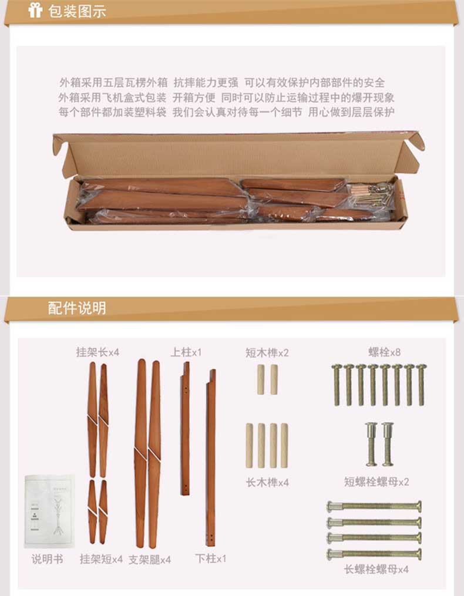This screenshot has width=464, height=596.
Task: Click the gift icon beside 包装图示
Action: pyautogui.click(x=35, y=10)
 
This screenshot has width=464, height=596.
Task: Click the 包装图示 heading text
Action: pyautogui.click(x=77, y=11)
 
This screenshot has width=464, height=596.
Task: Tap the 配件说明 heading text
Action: pyautogui.click(x=77, y=308)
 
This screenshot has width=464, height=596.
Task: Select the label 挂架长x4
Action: pyautogui.click(x=97, y=352)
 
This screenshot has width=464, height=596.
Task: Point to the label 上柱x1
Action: pyautogui.click(x=186, y=352)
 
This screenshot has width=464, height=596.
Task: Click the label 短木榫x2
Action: pyautogui.click(x=267, y=353)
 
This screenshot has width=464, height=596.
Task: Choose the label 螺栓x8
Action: pyautogui.click(x=385, y=352)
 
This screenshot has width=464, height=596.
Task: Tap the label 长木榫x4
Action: pyautogui.click(x=267, y=482)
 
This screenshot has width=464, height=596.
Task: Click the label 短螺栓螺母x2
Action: pyautogui.click(x=376, y=481)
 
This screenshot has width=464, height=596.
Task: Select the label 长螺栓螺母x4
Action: pyautogui.click(x=376, y=569)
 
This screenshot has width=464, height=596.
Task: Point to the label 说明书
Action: pyautogui.click(x=47, y=559)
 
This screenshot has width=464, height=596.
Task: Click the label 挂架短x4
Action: pyautogui.click(x=101, y=559)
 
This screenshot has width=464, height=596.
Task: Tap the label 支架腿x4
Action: pyautogui.click(x=149, y=560)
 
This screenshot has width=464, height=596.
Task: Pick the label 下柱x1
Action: pyautogui.click(x=211, y=558)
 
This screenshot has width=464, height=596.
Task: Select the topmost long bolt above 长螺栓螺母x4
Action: pyautogui.click(x=374, y=506)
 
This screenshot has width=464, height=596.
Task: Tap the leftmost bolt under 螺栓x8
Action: pyautogui.click(x=337, y=385)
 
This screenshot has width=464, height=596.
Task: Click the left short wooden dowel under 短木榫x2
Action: pyautogui.click(x=261, y=379)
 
